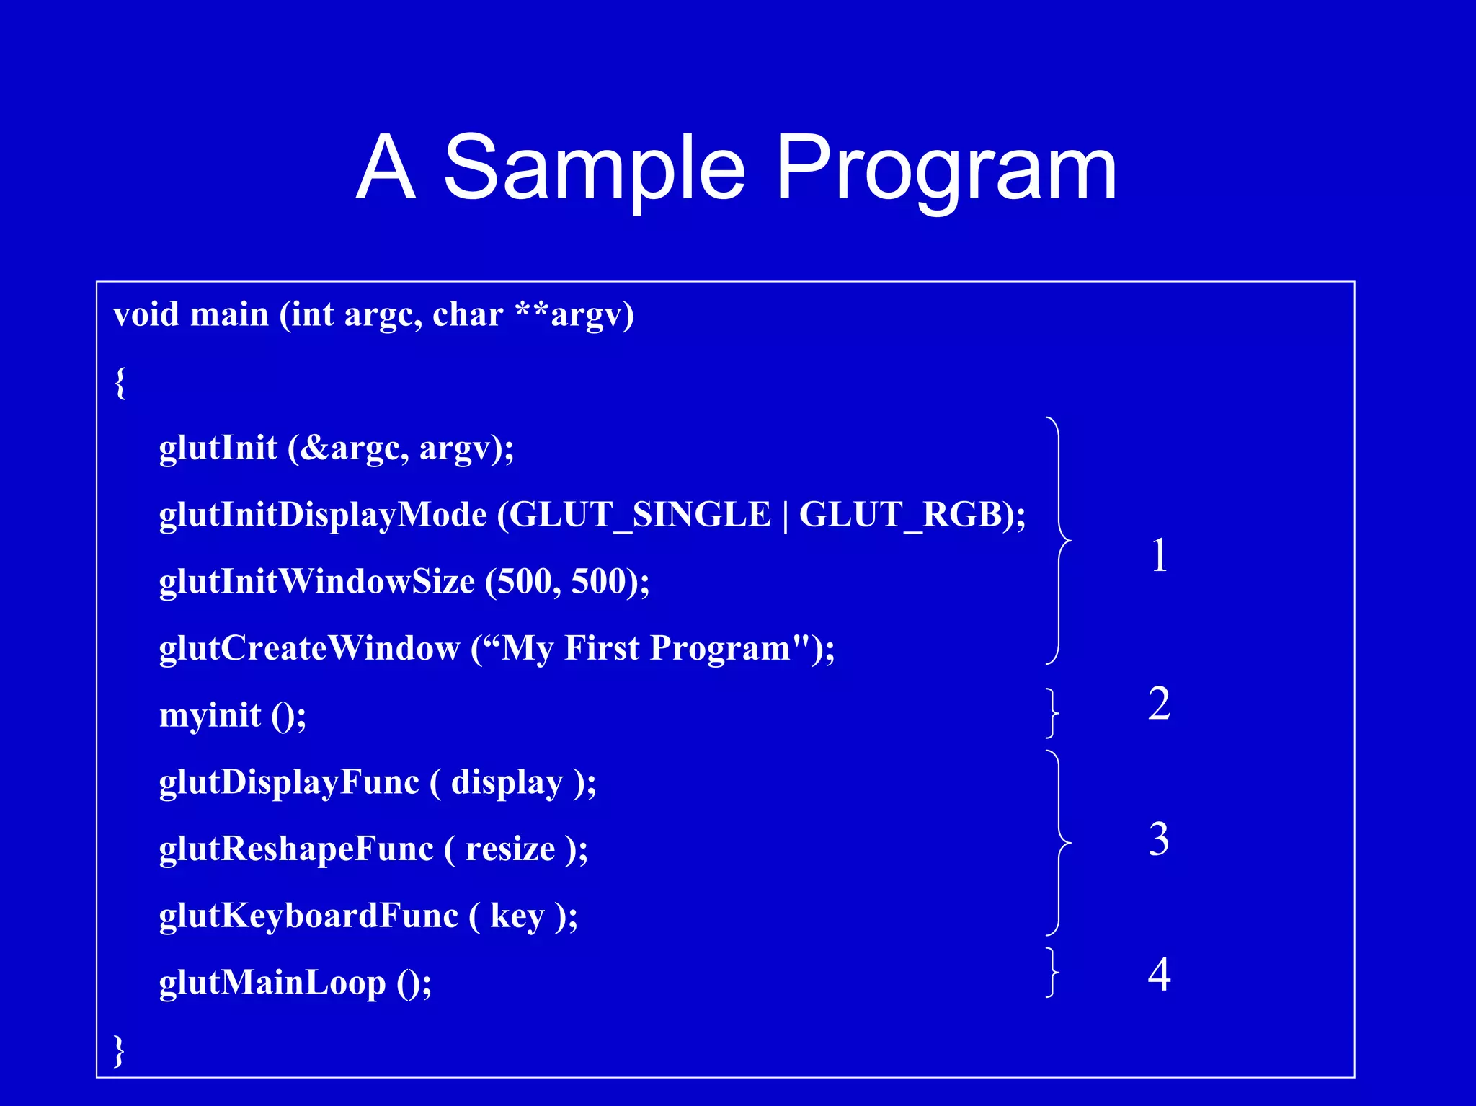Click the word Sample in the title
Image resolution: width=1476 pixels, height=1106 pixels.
[594, 169]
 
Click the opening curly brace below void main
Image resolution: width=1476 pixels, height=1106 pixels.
[120, 382]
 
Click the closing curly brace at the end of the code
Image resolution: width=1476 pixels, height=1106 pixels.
[120, 1050]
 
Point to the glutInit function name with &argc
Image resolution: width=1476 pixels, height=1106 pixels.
[218, 448]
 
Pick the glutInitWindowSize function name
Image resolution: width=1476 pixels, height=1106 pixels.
[317, 581]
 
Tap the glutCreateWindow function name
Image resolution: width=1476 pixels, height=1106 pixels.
[309, 648]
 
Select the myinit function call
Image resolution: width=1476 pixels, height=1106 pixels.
[210, 715]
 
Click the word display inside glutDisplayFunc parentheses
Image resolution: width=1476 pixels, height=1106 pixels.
[507, 782]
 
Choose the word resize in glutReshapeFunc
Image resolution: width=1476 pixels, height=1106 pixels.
[510, 849]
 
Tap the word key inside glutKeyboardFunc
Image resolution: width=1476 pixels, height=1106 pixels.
[517, 916]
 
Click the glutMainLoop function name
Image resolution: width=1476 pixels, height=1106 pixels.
[272, 983]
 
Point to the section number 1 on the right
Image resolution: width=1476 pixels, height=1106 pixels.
[1159, 556]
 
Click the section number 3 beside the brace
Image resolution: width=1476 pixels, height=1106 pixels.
[1159, 839]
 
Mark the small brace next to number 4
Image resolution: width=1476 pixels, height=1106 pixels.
[1053, 973]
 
